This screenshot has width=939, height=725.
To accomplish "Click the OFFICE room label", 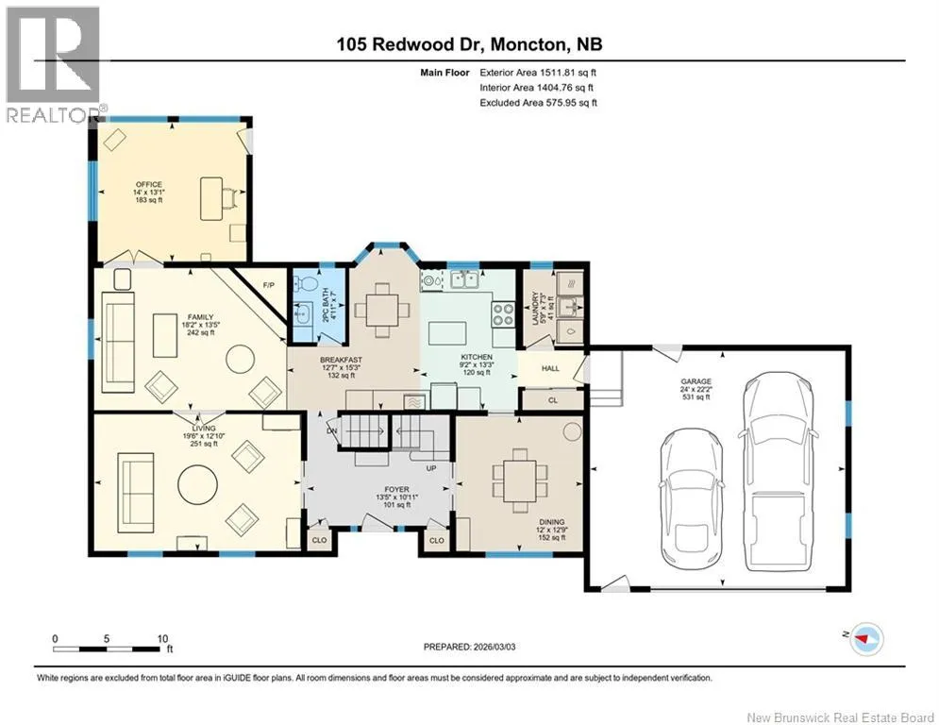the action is pos(148,184).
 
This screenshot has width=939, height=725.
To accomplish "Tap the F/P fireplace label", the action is pos(268,285).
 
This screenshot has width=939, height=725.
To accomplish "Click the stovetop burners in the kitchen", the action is pos(502,313).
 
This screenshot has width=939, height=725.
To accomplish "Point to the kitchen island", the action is pos(448,333).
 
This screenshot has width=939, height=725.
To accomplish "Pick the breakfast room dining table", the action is pos(382,310).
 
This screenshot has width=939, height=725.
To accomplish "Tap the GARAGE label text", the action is pos(696,381).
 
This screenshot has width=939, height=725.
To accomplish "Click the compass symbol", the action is pos(866,639).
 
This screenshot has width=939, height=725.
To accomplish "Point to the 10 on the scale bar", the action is pos(162,639).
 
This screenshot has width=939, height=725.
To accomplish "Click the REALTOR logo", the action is pos(53,64).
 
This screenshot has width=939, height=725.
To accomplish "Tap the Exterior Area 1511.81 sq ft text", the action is pos(538,73).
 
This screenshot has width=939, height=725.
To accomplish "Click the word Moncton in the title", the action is pos(528,43).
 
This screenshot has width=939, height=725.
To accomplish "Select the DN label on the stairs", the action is pos(332,430).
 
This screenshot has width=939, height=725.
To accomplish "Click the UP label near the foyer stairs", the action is pos(430,468).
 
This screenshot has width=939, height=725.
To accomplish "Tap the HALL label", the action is pos(550,368).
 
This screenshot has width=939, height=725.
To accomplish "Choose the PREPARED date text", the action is pos(470,647).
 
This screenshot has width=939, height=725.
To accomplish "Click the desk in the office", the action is pos(210,198).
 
